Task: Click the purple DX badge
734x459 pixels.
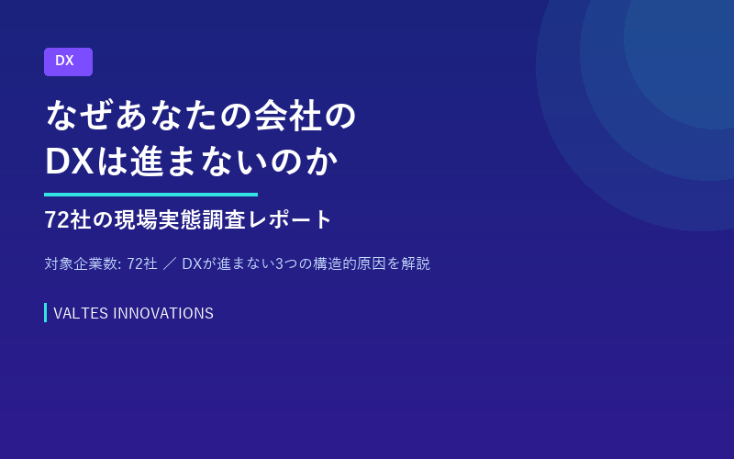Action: [68, 62]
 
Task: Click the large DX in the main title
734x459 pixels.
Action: [69, 162]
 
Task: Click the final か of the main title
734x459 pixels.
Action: [324, 162]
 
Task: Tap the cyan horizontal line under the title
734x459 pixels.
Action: [150, 195]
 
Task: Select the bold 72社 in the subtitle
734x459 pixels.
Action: [71, 220]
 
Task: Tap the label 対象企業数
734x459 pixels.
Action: [81, 264]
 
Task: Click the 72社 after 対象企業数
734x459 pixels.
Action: [141, 264]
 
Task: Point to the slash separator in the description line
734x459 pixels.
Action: [169, 264]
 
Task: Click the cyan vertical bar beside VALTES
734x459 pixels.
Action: [45, 313]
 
